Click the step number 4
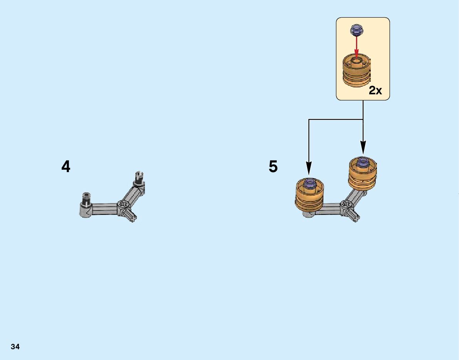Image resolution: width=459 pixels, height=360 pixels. (x=66, y=167)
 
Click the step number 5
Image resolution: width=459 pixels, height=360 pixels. (x=273, y=167)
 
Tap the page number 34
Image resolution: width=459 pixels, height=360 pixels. (x=15, y=347)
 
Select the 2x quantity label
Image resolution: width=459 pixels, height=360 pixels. (x=375, y=90)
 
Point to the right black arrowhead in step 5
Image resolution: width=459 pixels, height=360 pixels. (x=363, y=148)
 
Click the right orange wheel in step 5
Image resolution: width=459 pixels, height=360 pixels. (x=363, y=173)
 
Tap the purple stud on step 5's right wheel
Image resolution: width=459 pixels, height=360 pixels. (x=363, y=162)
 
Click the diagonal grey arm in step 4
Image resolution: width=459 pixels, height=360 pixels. (x=133, y=194)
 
